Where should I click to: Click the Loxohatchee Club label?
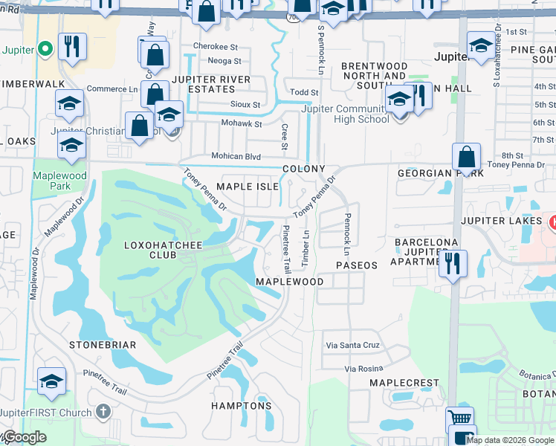150,249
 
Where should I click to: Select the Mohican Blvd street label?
236,157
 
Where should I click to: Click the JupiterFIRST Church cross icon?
103,411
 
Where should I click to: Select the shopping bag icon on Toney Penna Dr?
466,158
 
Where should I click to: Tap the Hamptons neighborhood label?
242,406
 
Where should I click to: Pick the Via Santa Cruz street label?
353,346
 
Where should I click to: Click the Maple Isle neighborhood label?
247,186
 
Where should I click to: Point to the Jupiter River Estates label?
210,84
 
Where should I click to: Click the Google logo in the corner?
24,437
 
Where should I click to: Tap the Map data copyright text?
509,440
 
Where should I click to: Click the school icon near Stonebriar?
51,381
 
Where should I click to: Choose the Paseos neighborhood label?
356,265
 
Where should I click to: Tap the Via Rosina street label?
363,369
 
